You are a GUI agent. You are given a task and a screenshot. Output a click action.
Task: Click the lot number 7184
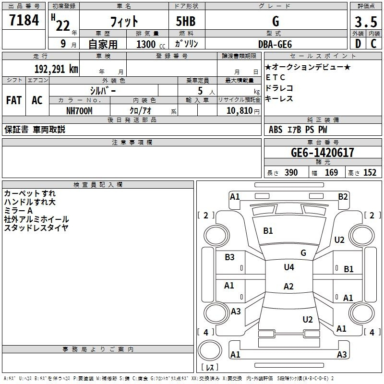[24, 20]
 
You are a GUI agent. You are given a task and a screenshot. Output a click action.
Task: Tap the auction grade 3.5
[366, 22]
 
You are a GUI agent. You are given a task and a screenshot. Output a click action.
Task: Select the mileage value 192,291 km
[56, 69]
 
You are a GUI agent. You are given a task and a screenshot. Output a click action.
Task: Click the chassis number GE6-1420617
[323, 153]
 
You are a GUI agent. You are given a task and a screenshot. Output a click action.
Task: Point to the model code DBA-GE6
[275, 44]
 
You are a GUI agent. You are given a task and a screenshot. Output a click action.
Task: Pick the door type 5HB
[186, 21]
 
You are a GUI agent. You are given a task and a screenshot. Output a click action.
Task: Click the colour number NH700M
[79, 111]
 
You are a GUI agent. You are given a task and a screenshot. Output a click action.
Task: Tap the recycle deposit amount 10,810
[239, 111]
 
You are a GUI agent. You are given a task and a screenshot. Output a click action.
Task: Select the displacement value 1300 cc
[151, 44]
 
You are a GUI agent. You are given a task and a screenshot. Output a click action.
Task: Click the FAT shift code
[14, 100]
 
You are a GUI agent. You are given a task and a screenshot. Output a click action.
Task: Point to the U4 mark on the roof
[289, 267]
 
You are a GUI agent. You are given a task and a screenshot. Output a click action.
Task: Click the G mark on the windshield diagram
[303, 253]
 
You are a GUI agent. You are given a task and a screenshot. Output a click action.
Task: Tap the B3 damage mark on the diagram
[229, 257]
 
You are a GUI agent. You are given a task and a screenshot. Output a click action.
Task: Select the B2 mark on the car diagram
[343, 197]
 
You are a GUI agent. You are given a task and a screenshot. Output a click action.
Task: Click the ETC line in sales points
[275, 77]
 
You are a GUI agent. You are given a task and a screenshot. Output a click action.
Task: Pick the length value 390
[291, 172]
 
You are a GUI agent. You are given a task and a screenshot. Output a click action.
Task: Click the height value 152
[370, 172]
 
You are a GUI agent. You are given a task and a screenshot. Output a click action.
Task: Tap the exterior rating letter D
[358, 44]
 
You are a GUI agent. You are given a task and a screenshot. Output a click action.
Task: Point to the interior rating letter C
[373, 44]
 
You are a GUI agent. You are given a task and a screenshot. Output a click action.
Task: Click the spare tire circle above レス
[210, 350]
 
